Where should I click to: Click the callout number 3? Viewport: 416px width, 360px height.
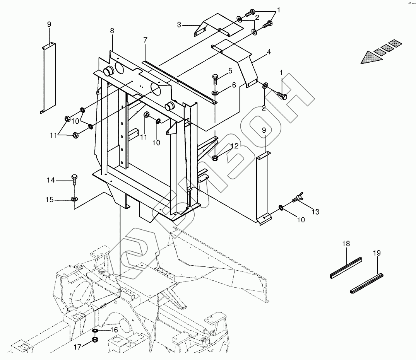point(179,25)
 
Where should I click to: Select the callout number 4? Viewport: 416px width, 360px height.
point(269,52)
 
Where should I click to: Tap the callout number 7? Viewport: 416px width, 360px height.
point(145,40)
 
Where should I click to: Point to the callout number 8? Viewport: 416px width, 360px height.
point(112,31)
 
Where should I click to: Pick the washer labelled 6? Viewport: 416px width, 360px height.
point(215,93)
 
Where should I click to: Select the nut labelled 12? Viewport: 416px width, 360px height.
point(215,158)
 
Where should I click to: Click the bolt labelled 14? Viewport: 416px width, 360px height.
point(74,180)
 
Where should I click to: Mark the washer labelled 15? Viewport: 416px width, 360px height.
point(74,198)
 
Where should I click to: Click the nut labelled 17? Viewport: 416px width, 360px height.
point(95,340)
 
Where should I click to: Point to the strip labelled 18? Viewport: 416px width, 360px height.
point(346,268)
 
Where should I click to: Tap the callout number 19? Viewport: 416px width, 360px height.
point(377,253)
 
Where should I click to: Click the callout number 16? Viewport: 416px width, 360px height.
point(114,330)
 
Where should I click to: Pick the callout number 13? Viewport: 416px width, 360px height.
point(315,212)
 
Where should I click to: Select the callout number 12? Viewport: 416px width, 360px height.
point(235,146)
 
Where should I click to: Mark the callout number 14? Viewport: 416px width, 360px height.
point(51,180)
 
